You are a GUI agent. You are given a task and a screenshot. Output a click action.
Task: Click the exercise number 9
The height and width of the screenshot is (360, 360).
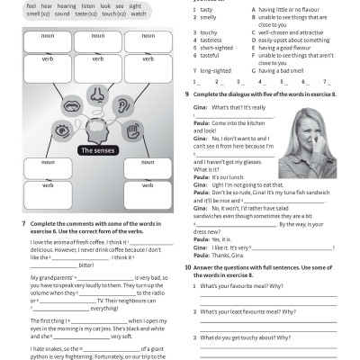point(186,94)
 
